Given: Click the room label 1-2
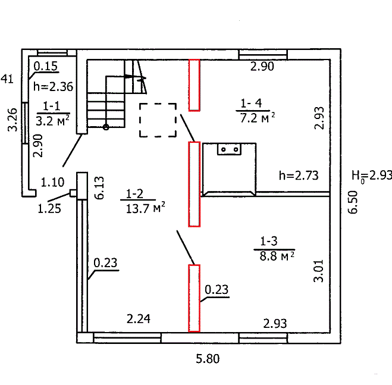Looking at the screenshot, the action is (x=134, y=193).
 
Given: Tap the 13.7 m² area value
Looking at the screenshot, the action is (x=145, y=208).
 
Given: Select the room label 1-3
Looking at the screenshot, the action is (x=269, y=241).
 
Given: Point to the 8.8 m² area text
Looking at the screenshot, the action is (x=277, y=256).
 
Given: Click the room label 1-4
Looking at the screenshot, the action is (x=251, y=103).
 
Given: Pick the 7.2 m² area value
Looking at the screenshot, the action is (x=257, y=118).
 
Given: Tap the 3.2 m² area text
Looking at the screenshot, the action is (x=52, y=121).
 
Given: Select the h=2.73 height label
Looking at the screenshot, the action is (x=299, y=176).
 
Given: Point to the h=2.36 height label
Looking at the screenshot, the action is (x=54, y=86).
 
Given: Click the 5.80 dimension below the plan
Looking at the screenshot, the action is (x=208, y=359).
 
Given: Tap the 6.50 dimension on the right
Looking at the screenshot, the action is (x=353, y=202).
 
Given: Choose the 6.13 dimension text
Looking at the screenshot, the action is (x=99, y=188).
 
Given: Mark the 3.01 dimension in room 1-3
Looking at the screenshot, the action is (x=318, y=271).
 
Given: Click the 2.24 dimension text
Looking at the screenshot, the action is (x=139, y=319).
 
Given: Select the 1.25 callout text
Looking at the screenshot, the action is (x=49, y=209).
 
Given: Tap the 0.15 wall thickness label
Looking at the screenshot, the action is (x=45, y=66).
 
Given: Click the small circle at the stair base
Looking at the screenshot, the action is (x=106, y=127).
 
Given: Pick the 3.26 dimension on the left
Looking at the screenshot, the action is (x=12, y=120).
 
